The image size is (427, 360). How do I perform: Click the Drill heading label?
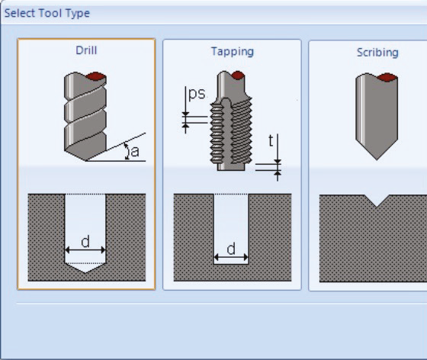pos(86,50)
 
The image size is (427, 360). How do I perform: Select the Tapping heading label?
pos(233,51)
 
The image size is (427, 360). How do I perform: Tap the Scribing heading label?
pos(377,53)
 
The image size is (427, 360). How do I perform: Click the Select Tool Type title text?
pos(47,13)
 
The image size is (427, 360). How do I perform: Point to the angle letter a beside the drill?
pos(135,152)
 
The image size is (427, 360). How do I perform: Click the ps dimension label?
pos(197,94)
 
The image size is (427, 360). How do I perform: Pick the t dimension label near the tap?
pos(271,141)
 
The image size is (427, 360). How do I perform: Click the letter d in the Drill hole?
pos(85,242)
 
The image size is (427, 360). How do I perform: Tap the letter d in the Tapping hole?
pos(231,249)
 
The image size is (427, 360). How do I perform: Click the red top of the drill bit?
pos(95,76)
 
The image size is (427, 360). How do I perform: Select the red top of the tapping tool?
pos(237,75)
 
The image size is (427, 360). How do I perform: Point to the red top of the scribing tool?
pos(387,77)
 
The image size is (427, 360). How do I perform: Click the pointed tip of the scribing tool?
pos(377,160)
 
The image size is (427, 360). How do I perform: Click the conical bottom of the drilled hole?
pos(85,268)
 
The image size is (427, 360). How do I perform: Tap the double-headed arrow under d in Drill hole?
pos(85,250)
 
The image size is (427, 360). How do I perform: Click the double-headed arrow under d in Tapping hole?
pos(231,257)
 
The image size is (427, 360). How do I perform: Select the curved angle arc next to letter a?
pos(127,151)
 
